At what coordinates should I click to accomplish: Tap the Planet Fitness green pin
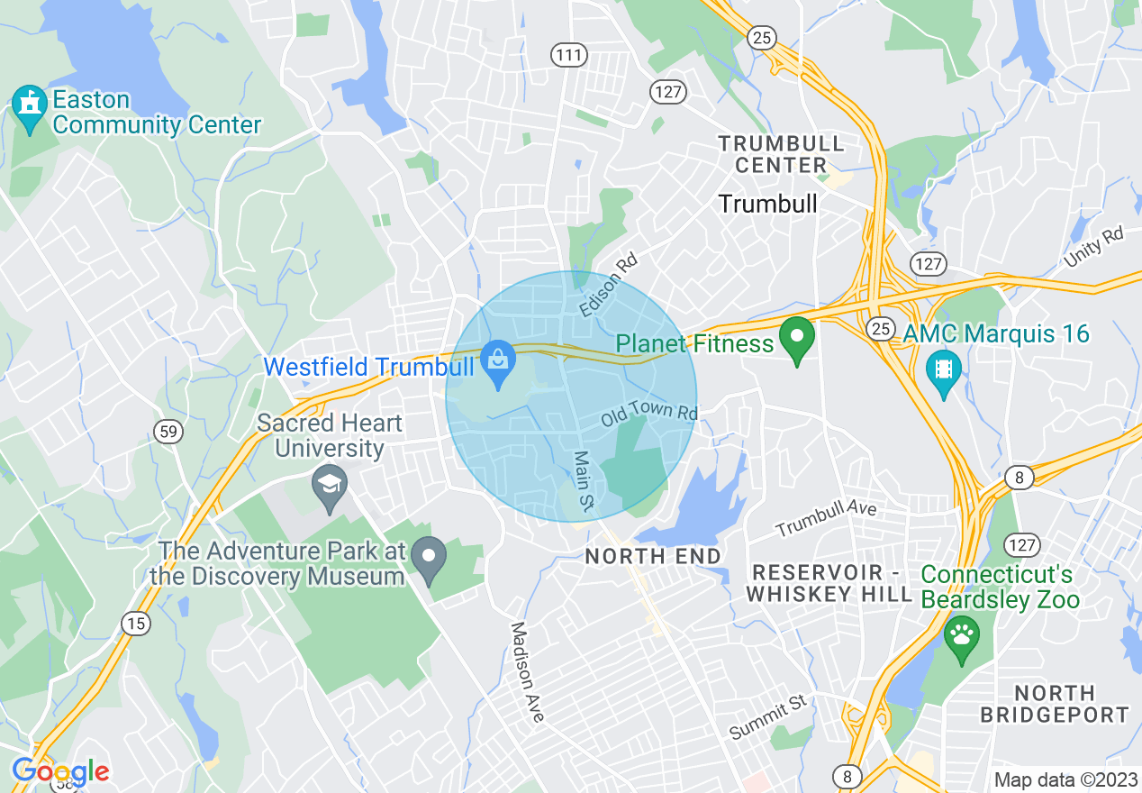[796, 340]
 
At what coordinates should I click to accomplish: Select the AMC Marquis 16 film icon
[943, 370]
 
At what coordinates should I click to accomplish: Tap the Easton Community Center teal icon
[31, 108]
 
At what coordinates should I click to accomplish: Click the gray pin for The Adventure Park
[429, 558]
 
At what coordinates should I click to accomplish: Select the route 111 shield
[569, 56]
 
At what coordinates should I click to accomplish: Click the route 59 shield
[168, 432]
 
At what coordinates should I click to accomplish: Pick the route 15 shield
[135, 624]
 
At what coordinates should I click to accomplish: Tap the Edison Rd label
[609, 286]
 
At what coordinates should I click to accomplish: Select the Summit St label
[768, 717]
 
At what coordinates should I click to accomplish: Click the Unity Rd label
[1094, 246]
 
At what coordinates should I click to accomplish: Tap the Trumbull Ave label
[826, 517]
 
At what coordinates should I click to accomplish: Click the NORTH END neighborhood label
[653, 556]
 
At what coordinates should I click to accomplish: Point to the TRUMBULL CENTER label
[781, 154]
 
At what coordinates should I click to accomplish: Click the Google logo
[60, 771]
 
